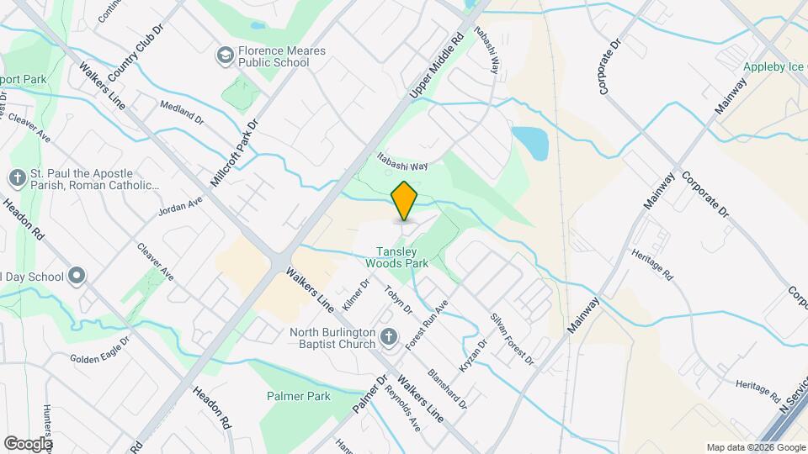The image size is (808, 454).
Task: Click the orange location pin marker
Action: (x=405, y=201)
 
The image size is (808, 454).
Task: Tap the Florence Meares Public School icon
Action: (x=225, y=55)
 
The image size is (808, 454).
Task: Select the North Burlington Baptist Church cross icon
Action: (x=388, y=337)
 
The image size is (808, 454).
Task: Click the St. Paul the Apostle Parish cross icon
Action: (x=17, y=178)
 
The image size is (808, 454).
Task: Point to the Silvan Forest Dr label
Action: (x=512, y=339)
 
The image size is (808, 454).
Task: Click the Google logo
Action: (x=28, y=443)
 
